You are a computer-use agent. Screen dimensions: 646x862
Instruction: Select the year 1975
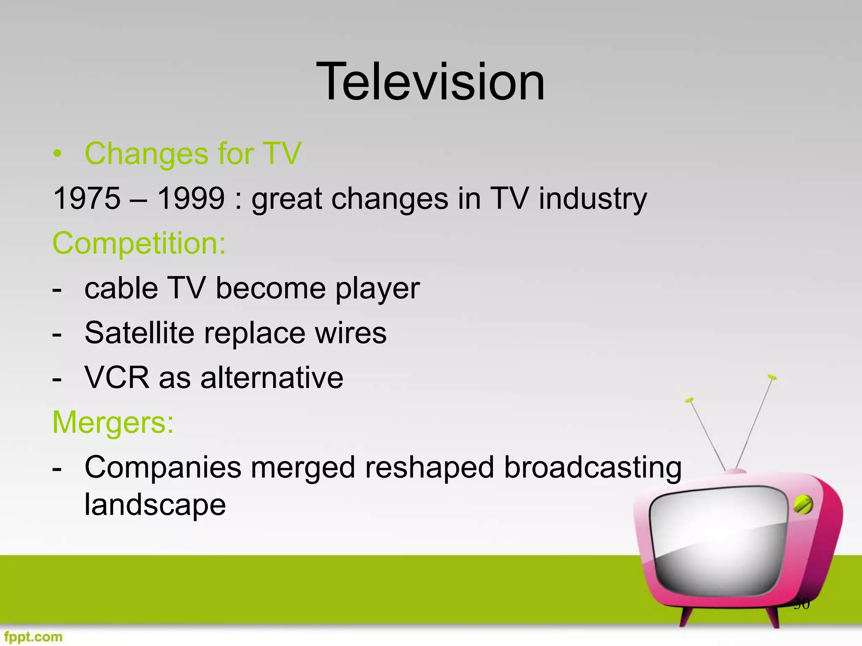click(x=87, y=199)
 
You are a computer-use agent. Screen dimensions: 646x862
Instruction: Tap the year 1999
click(x=191, y=199)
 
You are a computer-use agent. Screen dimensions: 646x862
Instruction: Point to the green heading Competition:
click(x=139, y=243)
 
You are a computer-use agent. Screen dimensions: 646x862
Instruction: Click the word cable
click(x=121, y=289)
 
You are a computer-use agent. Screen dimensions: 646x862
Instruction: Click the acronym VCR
click(x=117, y=378)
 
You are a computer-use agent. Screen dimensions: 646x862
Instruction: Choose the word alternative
click(x=272, y=378)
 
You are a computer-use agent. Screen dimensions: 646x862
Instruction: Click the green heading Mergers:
click(x=113, y=422)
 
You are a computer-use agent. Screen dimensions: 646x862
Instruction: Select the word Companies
click(x=163, y=468)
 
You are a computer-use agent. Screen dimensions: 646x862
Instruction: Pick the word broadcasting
click(x=593, y=468)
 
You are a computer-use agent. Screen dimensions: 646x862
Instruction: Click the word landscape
click(x=155, y=505)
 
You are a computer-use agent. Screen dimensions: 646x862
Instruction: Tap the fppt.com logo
click(x=33, y=637)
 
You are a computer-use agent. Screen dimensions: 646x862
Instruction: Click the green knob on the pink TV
click(x=803, y=505)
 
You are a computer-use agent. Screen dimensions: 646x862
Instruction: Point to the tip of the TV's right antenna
click(x=772, y=376)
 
